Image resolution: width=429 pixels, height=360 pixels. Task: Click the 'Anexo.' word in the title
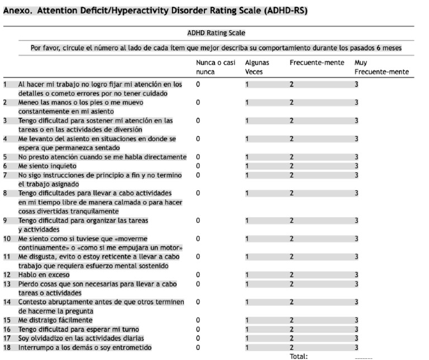(x=18, y=11)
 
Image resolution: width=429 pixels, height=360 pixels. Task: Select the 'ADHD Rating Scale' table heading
(x=216, y=33)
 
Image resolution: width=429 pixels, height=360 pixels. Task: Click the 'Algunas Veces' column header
(x=257, y=68)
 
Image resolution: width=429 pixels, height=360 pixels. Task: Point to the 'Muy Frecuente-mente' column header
(x=382, y=68)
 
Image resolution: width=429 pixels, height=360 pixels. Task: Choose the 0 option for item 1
(x=198, y=84)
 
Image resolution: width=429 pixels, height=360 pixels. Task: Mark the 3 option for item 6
(x=356, y=166)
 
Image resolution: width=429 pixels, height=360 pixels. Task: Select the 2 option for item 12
(x=291, y=275)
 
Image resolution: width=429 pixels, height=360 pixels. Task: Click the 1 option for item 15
(x=247, y=320)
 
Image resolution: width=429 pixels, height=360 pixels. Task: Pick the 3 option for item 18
(x=356, y=348)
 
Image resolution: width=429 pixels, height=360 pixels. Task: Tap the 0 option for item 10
(x=198, y=238)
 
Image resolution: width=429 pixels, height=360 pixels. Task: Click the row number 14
(x=7, y=302)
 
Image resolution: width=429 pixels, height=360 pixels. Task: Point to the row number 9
(x=5, y=220)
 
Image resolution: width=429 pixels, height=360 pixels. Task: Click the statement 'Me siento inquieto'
(x=47, y=166)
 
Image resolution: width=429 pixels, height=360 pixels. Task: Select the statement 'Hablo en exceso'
(x=44, y=275)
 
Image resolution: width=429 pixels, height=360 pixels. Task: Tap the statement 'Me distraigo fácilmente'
(x=55, y=320)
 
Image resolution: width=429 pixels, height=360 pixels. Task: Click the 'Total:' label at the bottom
(x=298, y=356)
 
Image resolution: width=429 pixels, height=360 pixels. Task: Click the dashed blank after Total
(x=363, y=356)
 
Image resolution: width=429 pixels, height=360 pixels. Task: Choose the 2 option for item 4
(x=291, y=139)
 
